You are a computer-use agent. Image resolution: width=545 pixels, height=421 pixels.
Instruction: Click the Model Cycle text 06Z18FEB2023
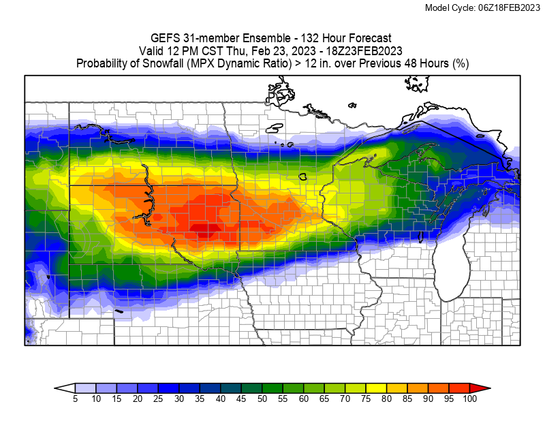pos(506,7)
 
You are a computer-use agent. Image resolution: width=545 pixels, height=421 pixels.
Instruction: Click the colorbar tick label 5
pos(75,399)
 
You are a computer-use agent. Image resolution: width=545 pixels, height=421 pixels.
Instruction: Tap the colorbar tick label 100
pos(469,399)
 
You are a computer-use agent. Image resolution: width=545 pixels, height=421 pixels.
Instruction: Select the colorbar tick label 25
pos(158,399)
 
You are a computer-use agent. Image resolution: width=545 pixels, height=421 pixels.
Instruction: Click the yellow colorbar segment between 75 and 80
pos(376,388)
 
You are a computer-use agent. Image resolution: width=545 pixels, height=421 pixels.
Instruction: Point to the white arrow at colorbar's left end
pos(65,388)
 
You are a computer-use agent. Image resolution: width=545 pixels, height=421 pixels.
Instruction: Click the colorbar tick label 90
pos(428,399)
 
